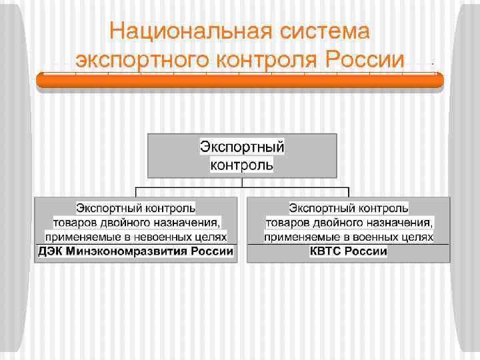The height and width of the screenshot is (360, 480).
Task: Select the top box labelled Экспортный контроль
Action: click(242, 155)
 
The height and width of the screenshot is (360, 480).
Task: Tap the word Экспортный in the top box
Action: click(242, 146)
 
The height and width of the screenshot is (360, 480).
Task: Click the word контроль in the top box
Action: click(242, 164)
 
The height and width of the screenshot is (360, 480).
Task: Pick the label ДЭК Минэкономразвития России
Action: click(136, 251)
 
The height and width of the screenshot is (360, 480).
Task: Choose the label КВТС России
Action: click(348, 251)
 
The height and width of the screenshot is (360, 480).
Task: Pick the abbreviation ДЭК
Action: click(51, 251)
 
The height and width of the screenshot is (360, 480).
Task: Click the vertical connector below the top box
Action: click(242, 181)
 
